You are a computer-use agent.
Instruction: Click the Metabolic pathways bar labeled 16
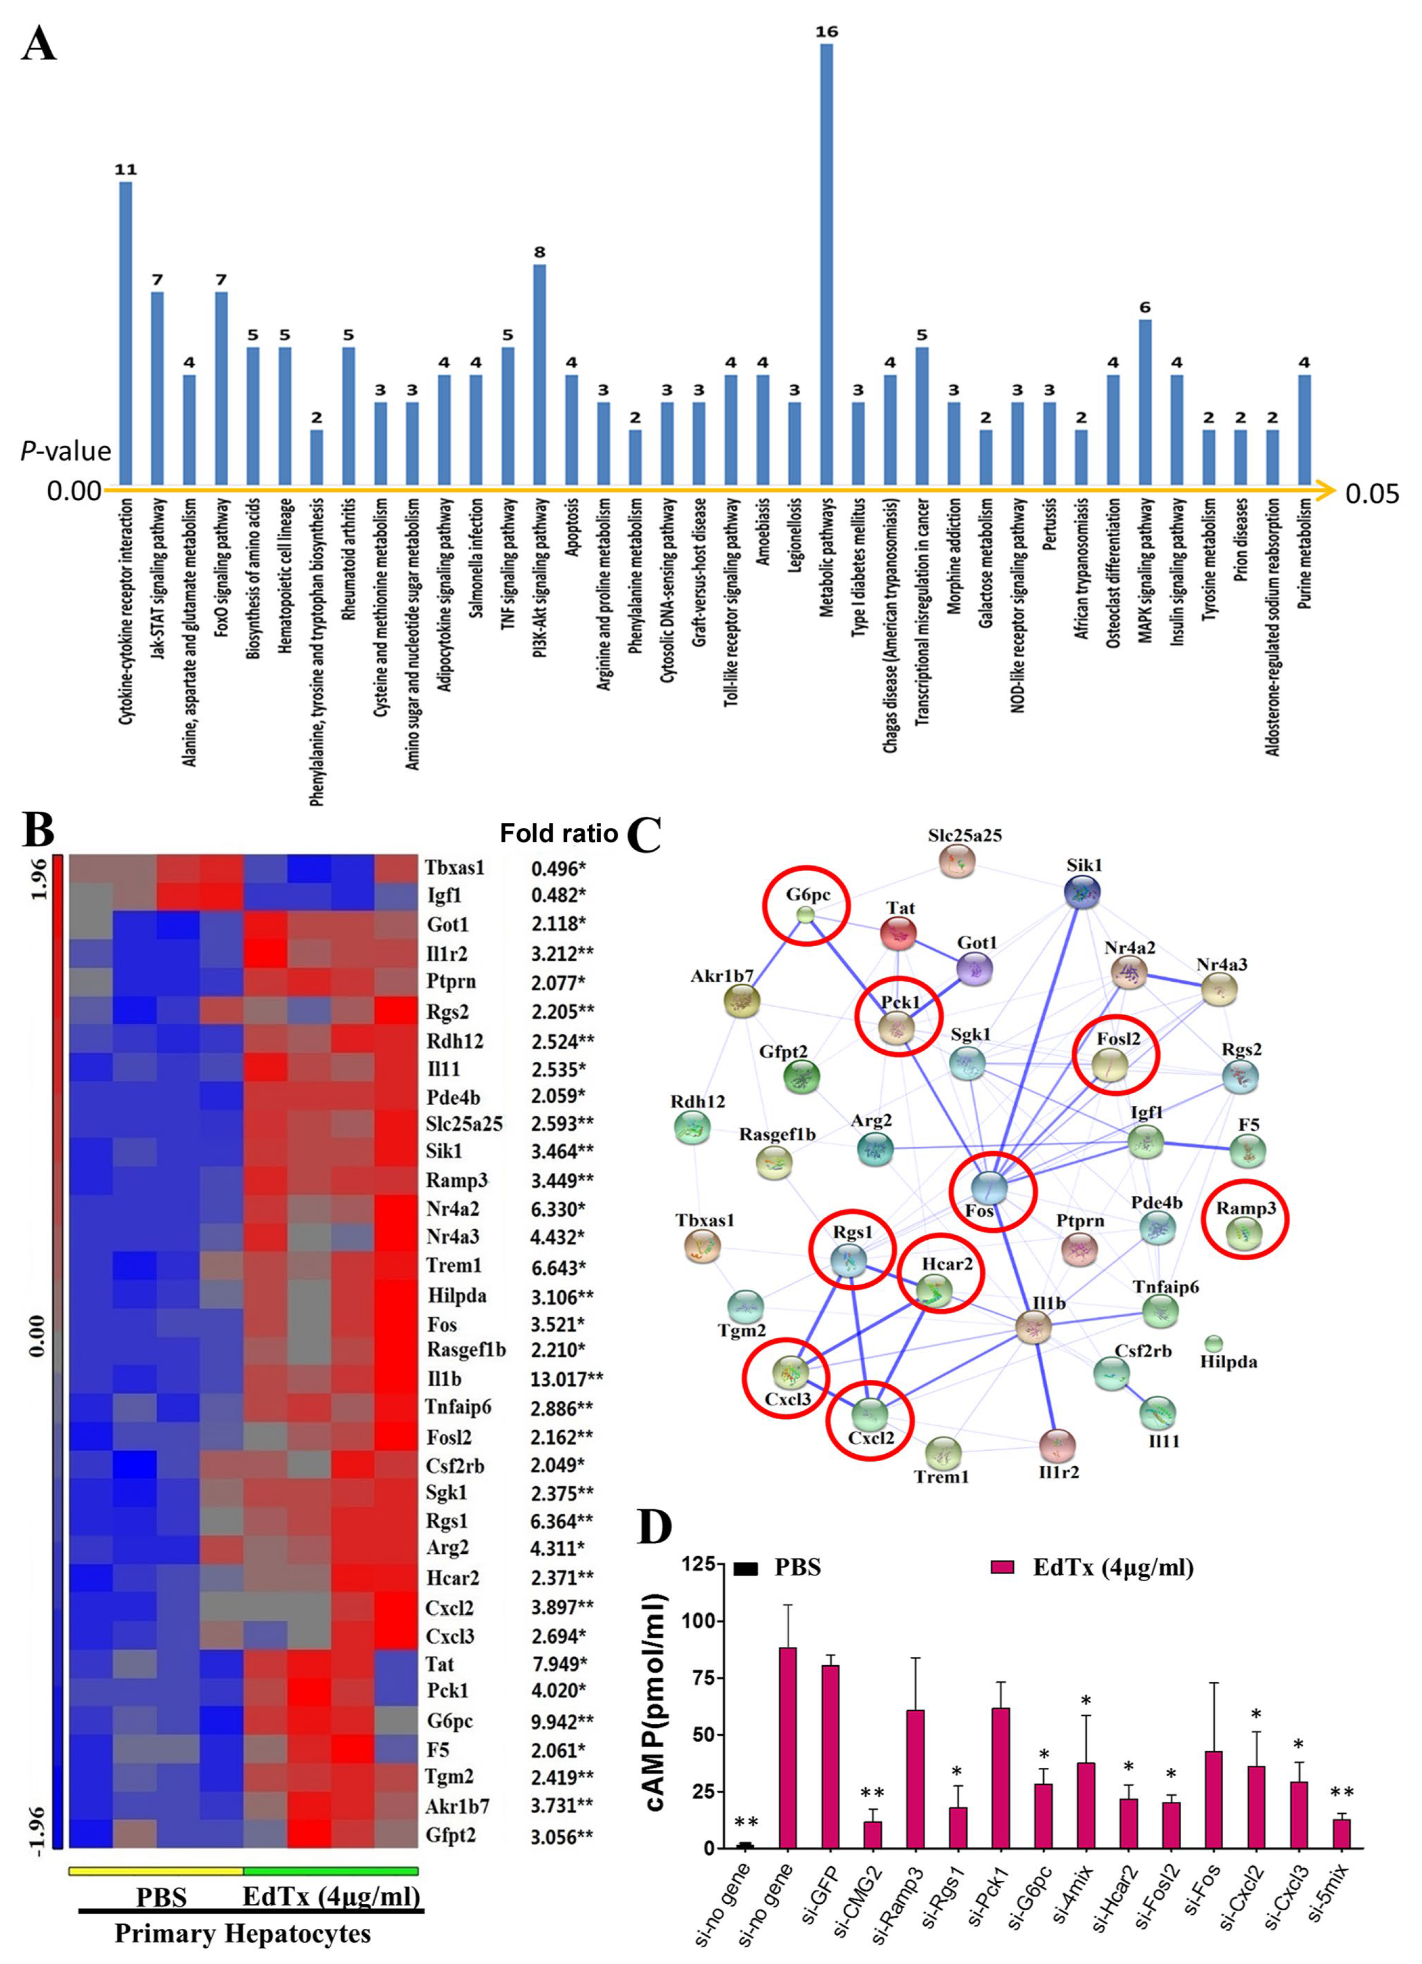tap(826, 264)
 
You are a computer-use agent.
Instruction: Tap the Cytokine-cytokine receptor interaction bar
tap(126, 333)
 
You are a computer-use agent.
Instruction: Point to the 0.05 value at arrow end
tap(1372, 493)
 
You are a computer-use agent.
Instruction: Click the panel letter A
tap(38, 43)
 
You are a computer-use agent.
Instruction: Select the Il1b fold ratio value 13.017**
tap(566, 1378)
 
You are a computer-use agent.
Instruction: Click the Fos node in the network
tap(989, 1188)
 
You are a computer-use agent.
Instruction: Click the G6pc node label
tap(807, 894)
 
